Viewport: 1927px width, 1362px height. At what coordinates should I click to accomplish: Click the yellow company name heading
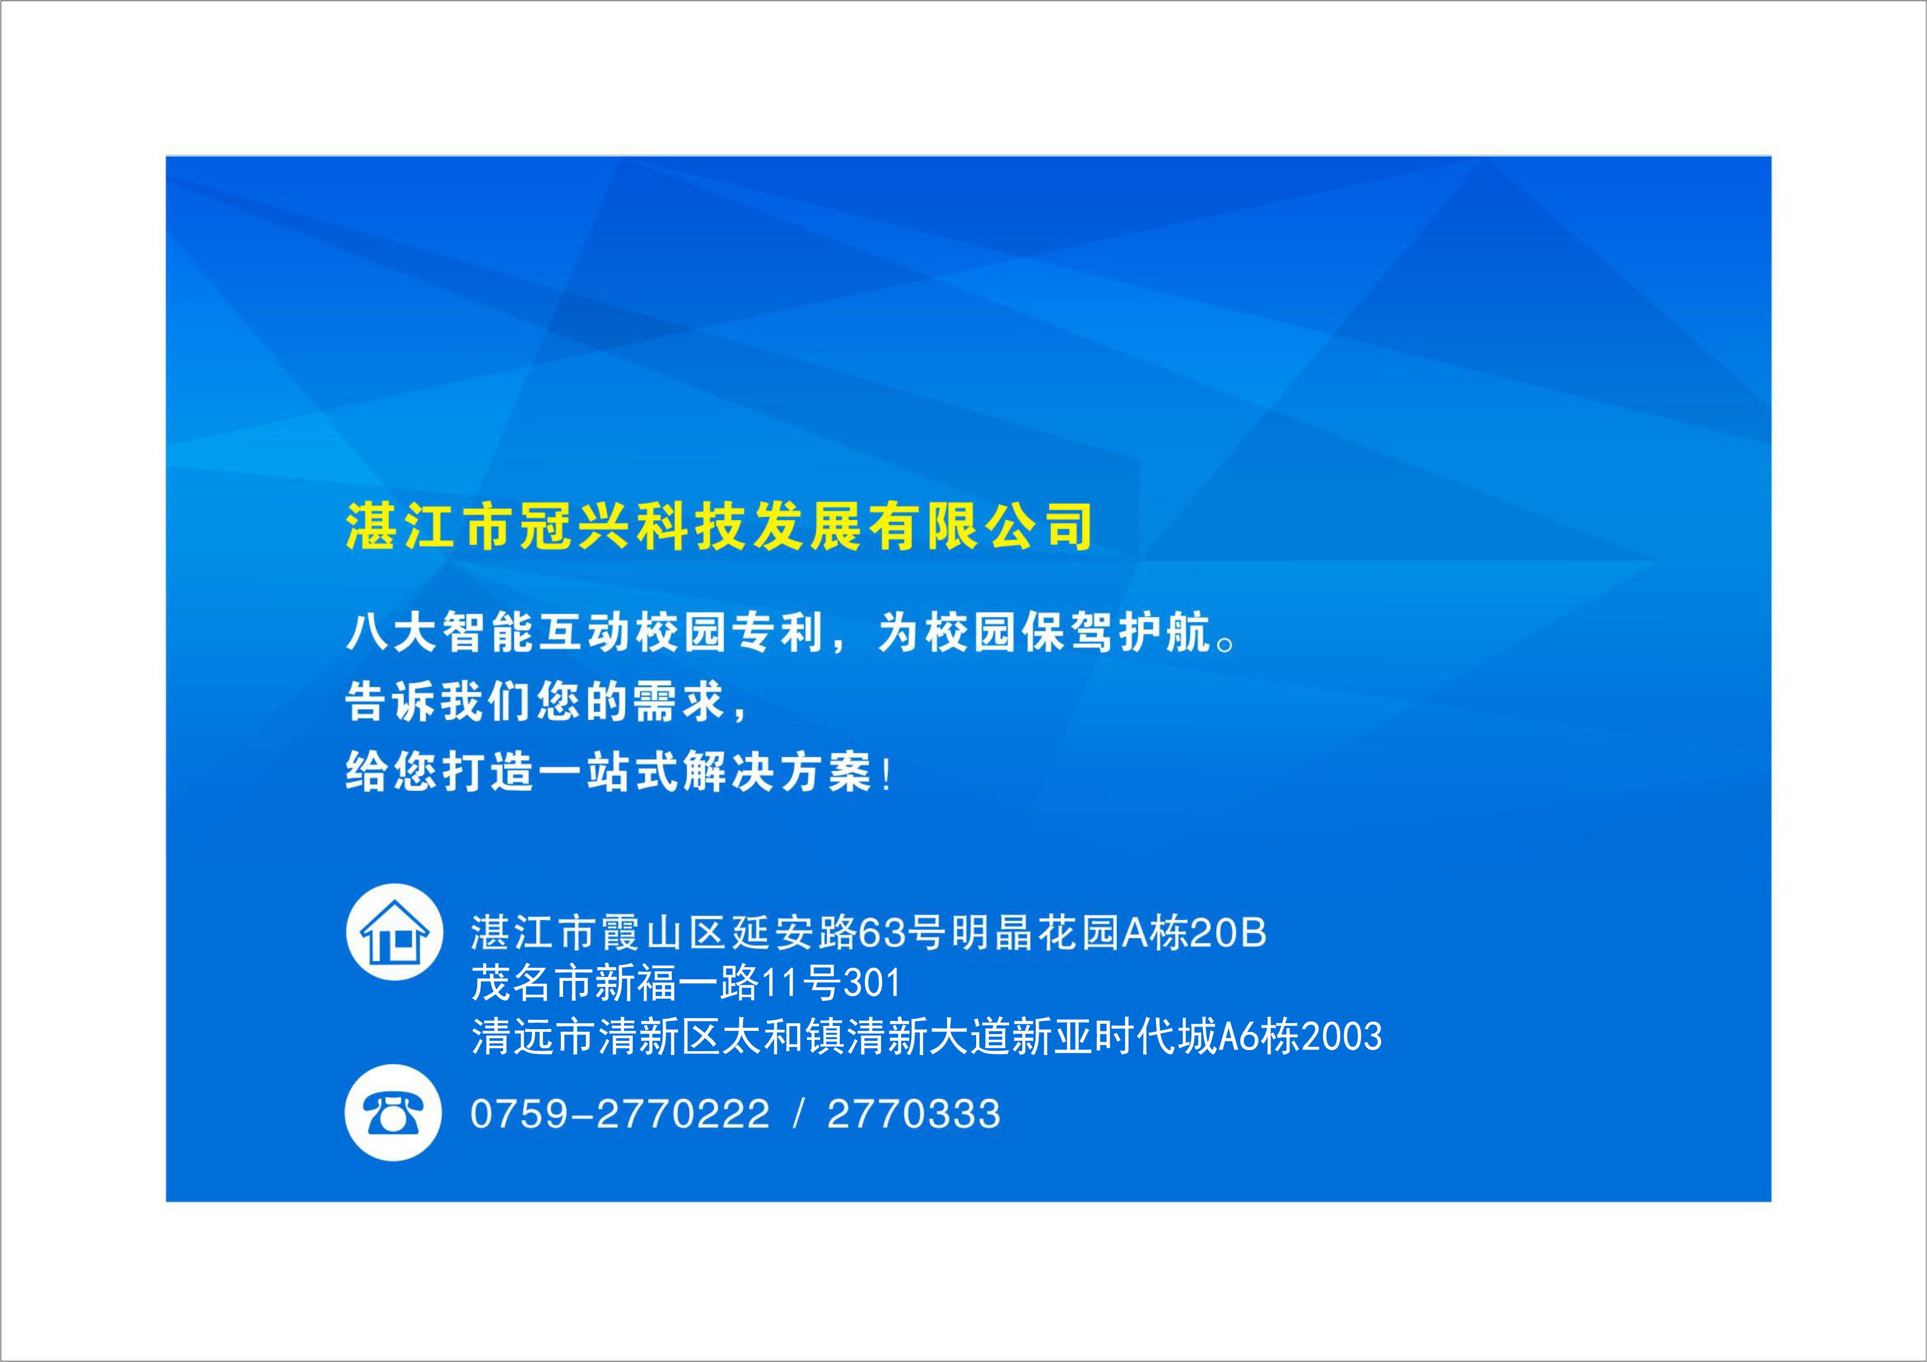click(x=719, y=526)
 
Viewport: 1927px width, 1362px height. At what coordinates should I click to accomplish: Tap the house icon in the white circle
click(x=394, y=931)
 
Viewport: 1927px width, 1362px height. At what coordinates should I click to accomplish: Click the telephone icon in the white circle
click(x=393, y=1113)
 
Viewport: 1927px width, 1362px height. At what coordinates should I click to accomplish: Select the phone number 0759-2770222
click(x=620, y=1114)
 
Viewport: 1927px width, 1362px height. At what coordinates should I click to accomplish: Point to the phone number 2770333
click(x=914, y=1114)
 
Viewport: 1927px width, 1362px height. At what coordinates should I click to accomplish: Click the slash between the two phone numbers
click(x=798, y=1114)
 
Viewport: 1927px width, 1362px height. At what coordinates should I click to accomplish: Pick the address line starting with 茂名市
click(x=686, y=983)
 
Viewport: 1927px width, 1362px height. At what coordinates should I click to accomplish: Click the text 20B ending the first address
click(x=1228, y=933)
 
